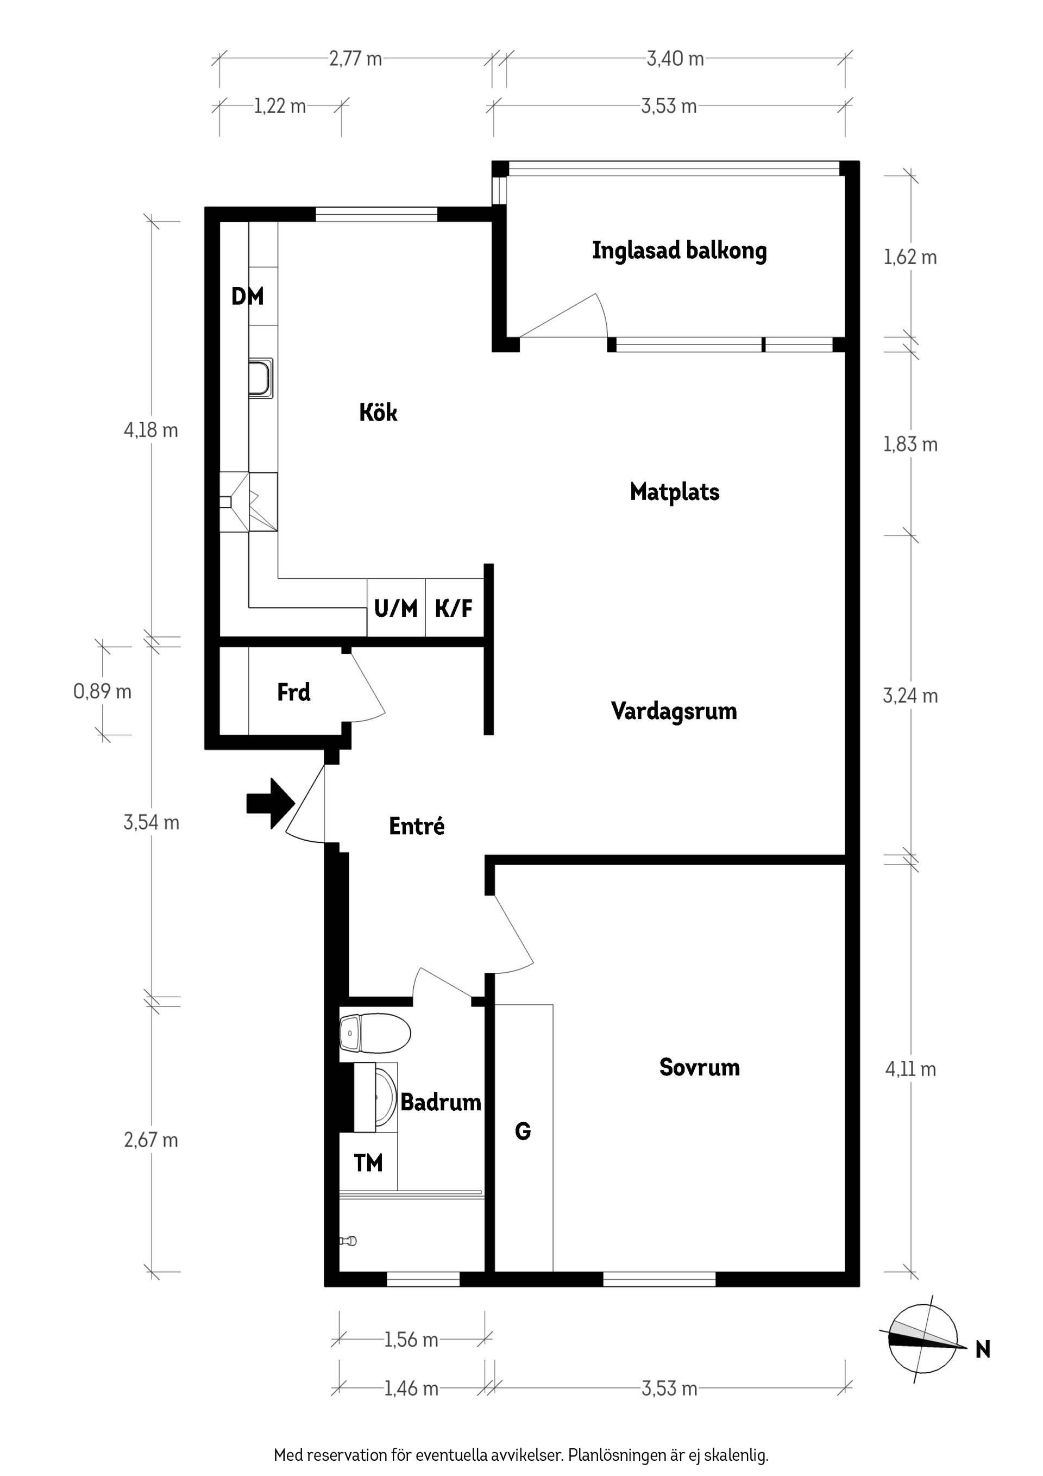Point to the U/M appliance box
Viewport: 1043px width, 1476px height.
(396, 608)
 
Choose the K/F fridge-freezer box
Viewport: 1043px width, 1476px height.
(454, 608)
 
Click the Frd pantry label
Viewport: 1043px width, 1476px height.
(294, 692)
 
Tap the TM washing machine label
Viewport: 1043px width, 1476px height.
(368, 1162)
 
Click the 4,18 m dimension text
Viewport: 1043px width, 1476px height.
(150, 430)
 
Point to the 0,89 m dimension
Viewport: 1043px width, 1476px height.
(102, 692)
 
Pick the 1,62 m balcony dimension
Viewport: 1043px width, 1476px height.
(910, 258)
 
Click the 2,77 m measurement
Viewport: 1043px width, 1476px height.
(355, 59)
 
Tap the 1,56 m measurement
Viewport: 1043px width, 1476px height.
(411, 1340)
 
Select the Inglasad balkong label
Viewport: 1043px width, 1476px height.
(679, 251)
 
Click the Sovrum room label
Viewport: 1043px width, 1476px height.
(699, 1067)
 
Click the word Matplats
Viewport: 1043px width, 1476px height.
(674, 492)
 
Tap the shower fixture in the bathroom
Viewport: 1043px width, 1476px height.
(349, 1241)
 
